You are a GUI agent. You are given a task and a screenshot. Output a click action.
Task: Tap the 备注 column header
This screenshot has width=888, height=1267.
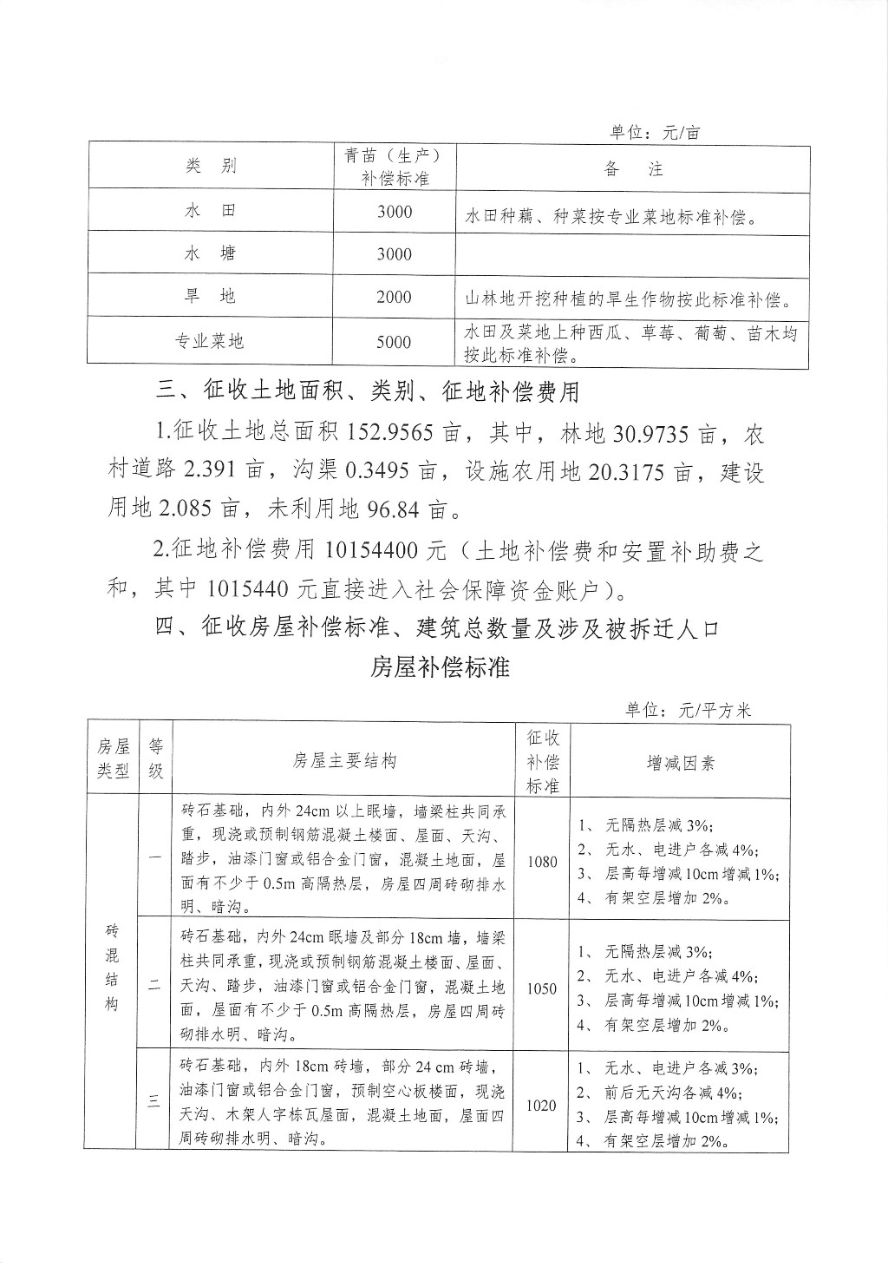coord(633,169)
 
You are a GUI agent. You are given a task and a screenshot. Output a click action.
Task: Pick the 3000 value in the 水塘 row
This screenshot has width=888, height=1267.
coord(395,253)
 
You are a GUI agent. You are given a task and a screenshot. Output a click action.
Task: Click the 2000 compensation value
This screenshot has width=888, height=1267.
coord(395,297)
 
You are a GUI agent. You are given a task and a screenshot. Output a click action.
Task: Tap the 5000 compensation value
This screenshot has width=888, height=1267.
coord(395,342)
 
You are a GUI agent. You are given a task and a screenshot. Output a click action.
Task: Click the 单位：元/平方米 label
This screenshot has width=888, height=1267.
coord(689,710)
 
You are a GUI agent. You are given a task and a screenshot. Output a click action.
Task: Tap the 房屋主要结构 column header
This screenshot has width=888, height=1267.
coord(345,761)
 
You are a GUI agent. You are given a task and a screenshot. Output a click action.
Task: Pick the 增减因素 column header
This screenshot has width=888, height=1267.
coord(681,763)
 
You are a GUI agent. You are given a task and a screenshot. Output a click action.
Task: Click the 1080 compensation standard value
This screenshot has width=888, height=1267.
coord(542,862)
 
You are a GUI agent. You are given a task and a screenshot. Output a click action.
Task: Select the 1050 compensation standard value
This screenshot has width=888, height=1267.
coord(542,988)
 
